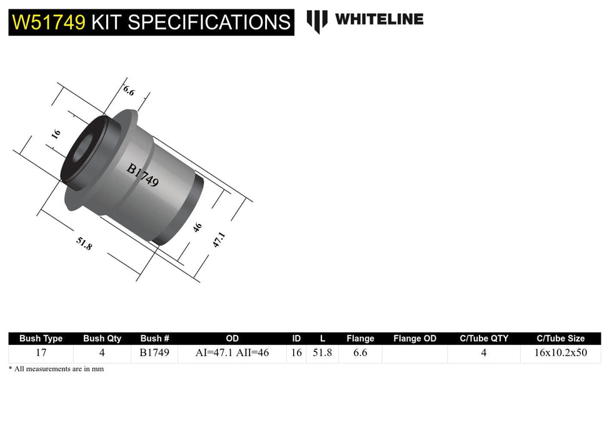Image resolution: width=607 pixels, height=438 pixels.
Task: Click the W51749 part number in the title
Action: [49, 23]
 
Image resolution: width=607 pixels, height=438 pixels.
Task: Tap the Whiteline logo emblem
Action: [317, 21]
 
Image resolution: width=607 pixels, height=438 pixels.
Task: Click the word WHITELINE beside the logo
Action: [379, 19]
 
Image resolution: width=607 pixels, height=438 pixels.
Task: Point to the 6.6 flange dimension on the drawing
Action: [128, 90]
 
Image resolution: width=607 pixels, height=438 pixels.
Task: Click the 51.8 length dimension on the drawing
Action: [84, 243]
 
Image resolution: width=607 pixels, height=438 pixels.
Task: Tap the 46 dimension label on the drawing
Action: [198, 227]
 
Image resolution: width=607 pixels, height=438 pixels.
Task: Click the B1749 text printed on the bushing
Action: [143, 176]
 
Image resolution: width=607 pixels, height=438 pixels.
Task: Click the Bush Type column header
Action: [41, 339]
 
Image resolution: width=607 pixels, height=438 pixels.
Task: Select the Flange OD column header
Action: [414, 339]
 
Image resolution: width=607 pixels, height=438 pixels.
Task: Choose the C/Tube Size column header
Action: [560, 339]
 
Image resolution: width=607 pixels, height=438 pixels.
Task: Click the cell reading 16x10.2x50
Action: [560, 353]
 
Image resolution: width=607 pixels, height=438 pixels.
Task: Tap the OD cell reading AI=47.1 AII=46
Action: [232, 353]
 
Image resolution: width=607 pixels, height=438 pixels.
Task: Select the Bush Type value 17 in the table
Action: [41, 353]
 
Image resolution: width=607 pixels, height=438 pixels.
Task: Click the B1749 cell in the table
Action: [155, 353]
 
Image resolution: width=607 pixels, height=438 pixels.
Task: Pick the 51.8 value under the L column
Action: [322, 353]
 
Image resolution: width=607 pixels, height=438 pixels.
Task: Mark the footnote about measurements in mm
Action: [56, 369]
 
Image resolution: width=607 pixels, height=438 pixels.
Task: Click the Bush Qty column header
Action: [102, 339]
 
